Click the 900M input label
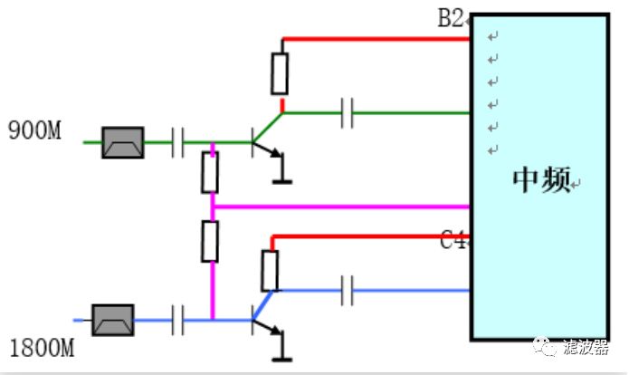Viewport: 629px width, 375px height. [35, 130]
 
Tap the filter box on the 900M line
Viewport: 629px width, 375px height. [122, 141]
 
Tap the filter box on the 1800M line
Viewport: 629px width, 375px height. [115, 319]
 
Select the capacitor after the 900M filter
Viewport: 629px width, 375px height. [177, 141]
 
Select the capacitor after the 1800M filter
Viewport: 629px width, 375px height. [177, 319]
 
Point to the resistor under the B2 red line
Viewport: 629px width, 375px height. [281, 73]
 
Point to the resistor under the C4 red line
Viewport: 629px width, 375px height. [270, 270]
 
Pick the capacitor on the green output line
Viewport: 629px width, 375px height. [347, 114]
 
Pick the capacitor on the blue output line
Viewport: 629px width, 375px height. [347, 292]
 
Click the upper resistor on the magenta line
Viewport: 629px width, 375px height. [210, 172]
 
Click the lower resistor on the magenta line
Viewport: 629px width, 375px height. [210, 241]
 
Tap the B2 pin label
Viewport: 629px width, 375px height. [451, 18]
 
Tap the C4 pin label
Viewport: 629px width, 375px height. [453, 241]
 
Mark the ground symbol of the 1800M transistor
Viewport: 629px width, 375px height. [282, 357]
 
